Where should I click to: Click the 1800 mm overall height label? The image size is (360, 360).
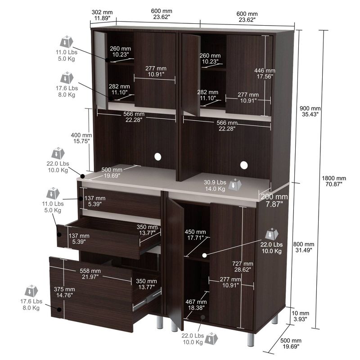click(x=335, y=181)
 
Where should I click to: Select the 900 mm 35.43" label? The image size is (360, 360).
click(x=310, y=111)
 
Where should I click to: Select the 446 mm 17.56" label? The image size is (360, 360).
click(x=265, y=73)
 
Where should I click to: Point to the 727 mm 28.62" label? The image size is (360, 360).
click(x=243, y=266)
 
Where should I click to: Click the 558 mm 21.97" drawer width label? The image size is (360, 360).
click(x=90, y=274)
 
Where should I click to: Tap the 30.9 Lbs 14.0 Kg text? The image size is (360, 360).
click(x=215, y=185)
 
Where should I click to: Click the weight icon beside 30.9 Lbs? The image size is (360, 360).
click(x=234, y=185)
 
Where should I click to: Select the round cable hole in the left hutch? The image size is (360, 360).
click(x=157, y=157)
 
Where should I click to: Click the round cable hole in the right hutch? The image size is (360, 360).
click(x=244, y=164)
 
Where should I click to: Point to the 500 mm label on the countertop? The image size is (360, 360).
click(x=111, y=172)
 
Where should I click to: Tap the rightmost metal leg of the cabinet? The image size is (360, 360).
click(x=275, y=319)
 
